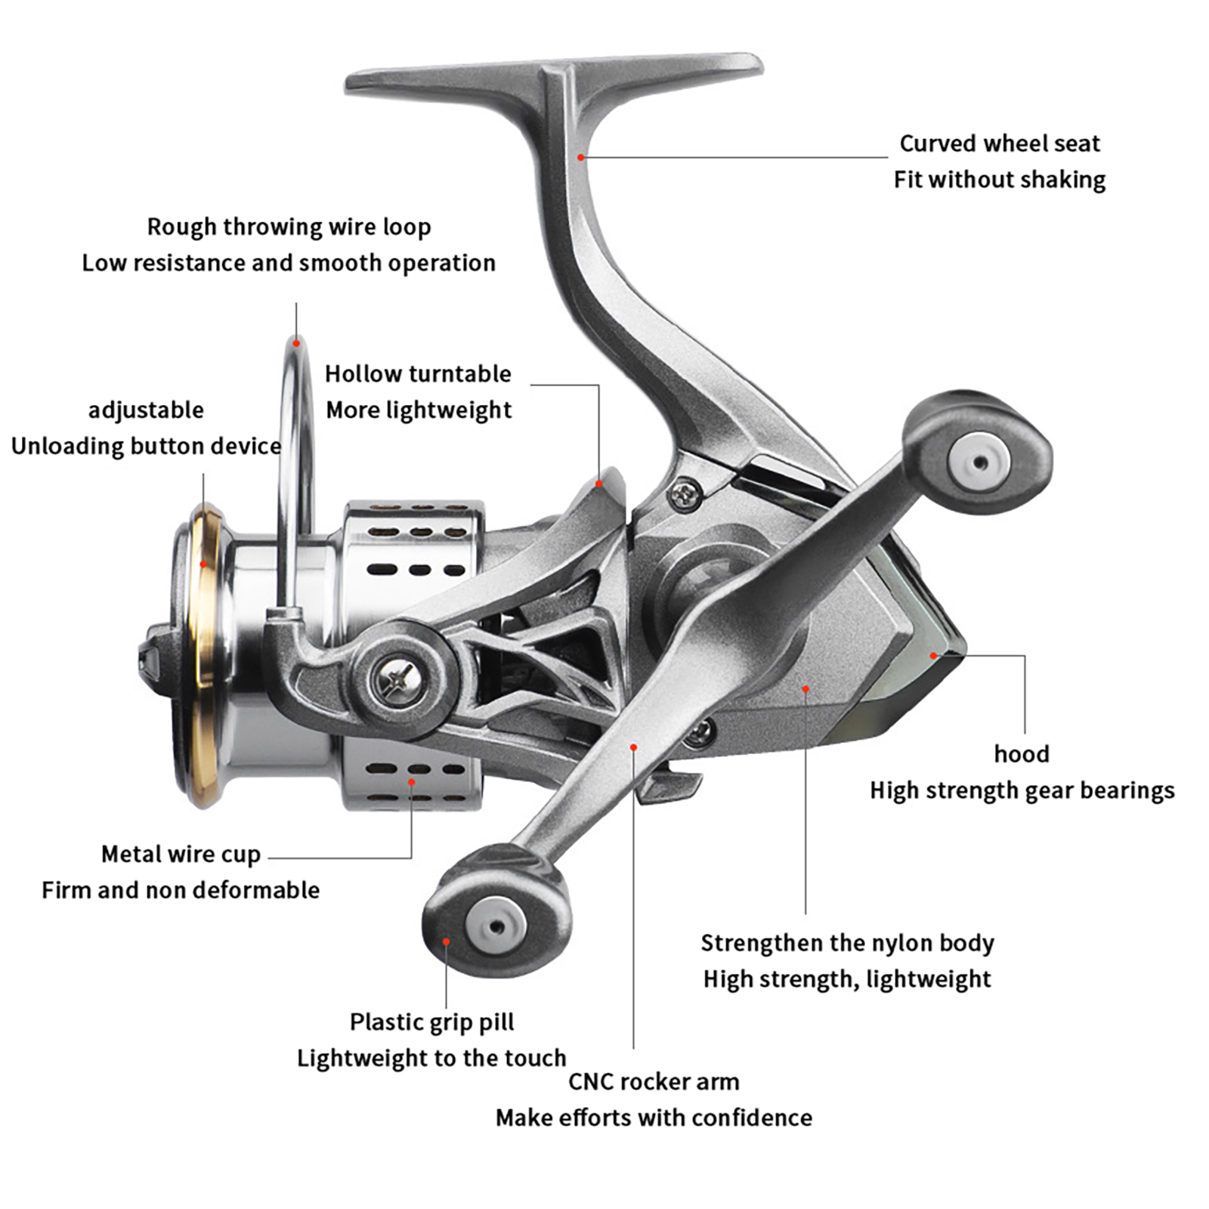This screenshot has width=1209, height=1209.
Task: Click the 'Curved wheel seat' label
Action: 999,144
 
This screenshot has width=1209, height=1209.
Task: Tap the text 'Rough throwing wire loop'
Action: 289,227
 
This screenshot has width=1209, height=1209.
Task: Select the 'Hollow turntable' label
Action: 418,374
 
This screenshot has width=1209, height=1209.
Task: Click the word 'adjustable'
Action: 146,410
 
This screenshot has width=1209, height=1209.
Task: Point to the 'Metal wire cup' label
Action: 181,855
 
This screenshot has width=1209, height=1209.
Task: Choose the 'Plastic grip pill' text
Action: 431,1022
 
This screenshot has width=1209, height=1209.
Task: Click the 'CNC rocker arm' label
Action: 654,1082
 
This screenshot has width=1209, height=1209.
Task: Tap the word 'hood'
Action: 1022,754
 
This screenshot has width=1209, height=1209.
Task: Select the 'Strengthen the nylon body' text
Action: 847,943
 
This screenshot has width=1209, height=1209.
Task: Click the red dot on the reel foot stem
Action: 580,157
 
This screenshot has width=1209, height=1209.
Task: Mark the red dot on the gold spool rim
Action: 203,564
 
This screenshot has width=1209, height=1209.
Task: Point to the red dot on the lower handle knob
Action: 447,942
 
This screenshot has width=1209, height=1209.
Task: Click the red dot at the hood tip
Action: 934,656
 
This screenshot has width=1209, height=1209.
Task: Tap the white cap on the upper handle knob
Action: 979,462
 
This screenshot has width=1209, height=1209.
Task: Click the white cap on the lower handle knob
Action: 496,926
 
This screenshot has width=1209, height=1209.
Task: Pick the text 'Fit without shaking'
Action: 999,180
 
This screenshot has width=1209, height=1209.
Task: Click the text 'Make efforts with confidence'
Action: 654,1118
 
